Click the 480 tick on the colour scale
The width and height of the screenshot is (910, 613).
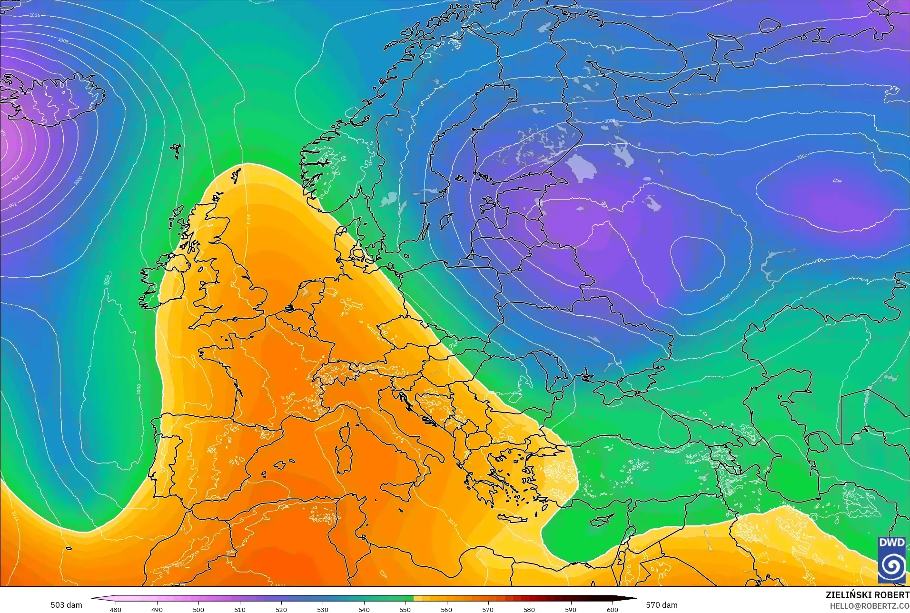pyautogui.click(x=116, y=609)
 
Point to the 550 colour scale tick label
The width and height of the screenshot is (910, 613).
pyautogui.click(x=405, y=609)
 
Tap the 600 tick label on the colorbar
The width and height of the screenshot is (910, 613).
pyautogui.click(x=612, y=609)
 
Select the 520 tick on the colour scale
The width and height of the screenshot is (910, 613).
pyautogui.click(x=281, y=609)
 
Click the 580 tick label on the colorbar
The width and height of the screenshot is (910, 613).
pyautogui.click(x=529, y=609)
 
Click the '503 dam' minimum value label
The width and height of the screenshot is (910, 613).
pyautogui.click(x=66, y=605)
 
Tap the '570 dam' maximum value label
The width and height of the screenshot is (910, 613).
pyautogui.click(x=662, y=605)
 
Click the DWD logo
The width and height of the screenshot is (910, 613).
pyautogui.click(x=892, y=560)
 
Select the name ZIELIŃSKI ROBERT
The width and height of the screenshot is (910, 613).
pyautogui.click(x=867, y=595)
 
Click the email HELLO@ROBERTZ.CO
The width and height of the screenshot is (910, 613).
pyautogui.click(x=870, y=606)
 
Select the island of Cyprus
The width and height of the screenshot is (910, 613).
pyautogui.click(x=600, y=521)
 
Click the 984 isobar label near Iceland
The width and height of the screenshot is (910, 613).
pyautogui.click(x=16, y=178)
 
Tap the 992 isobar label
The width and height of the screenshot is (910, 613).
pyautogui.click(x=13, y=205)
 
